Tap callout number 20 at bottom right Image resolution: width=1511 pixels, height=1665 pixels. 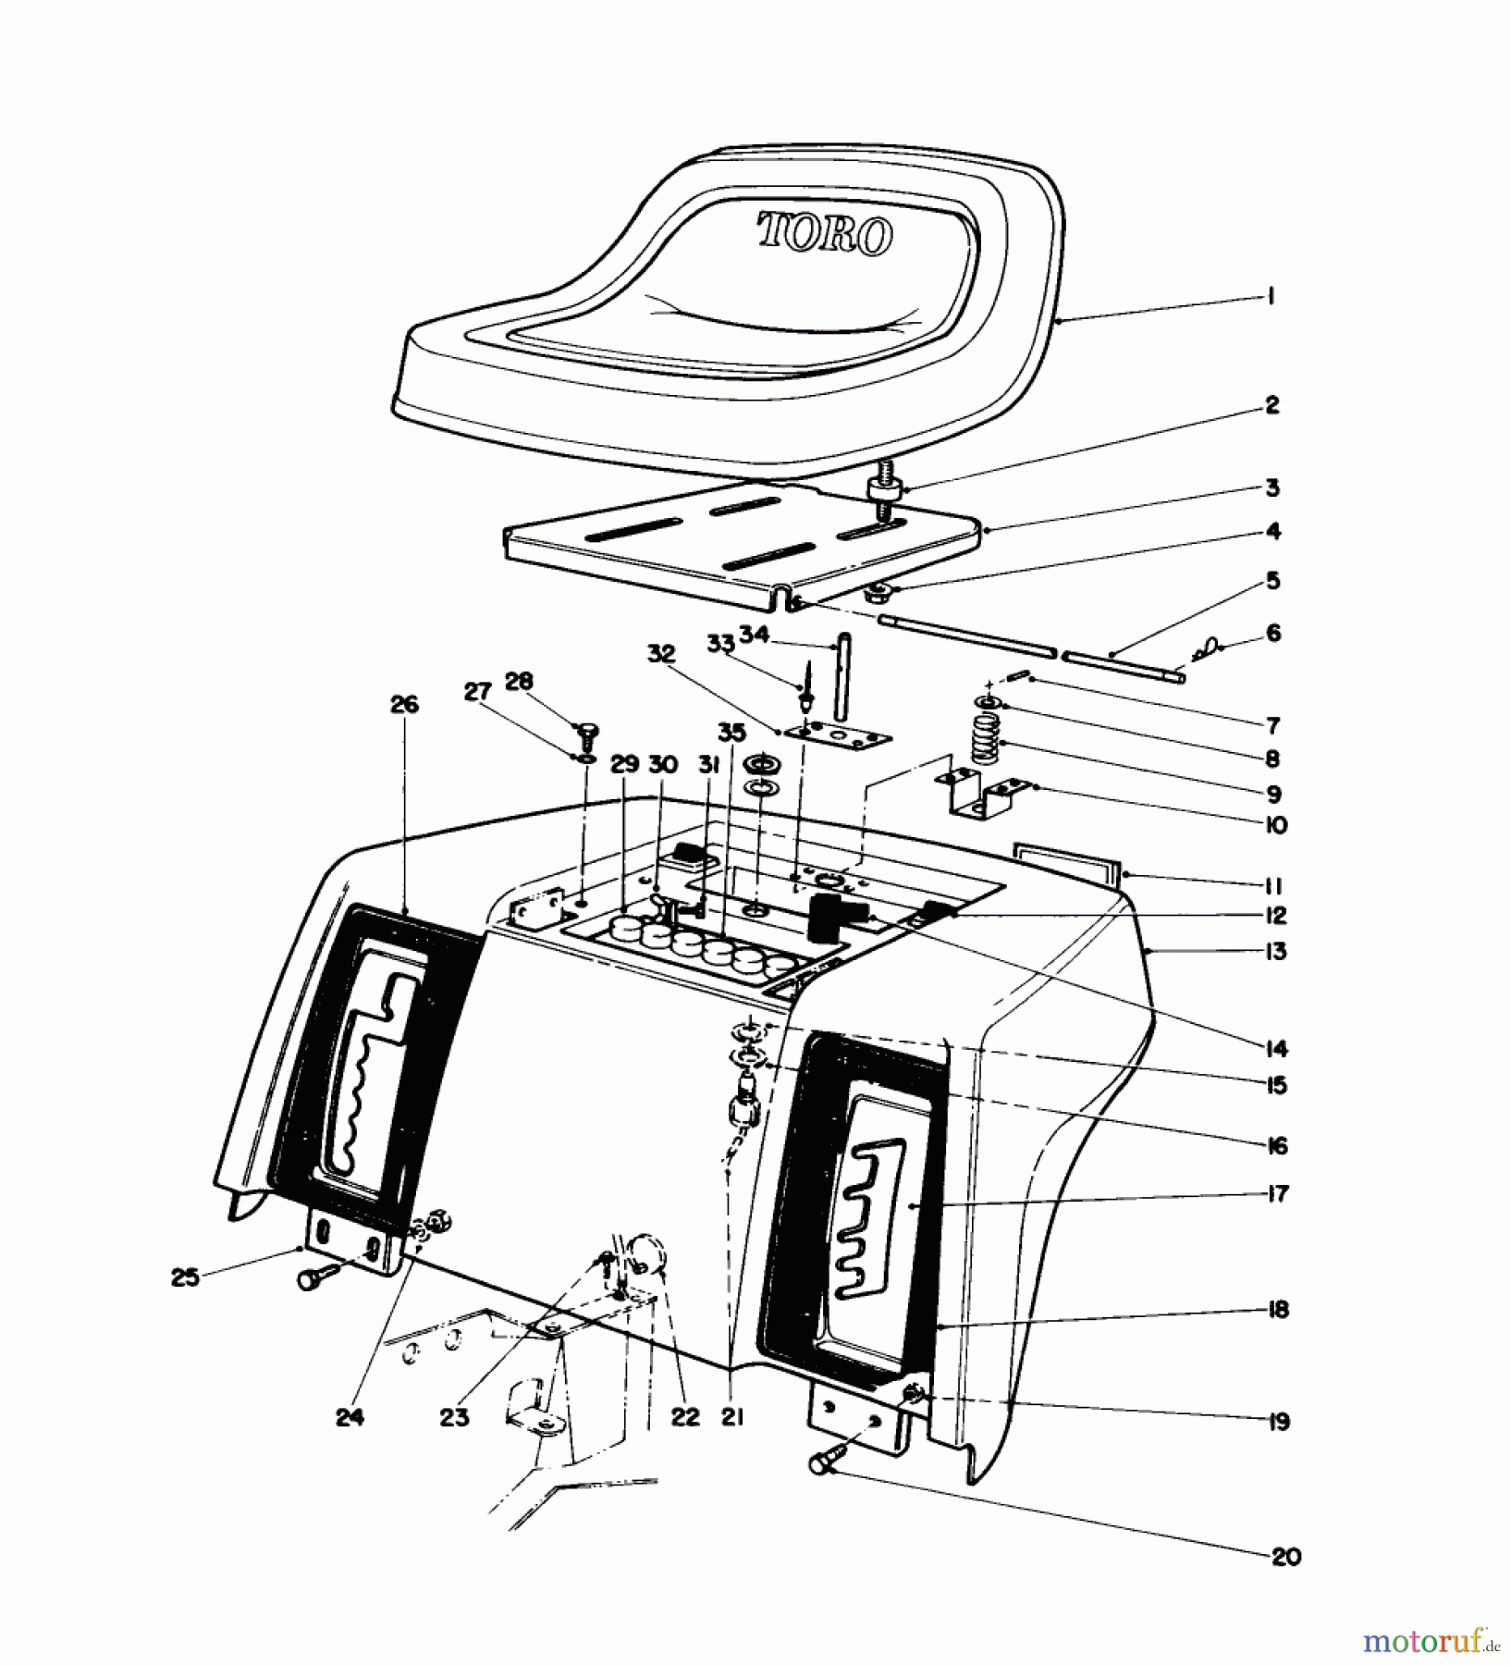[x=1286, y=1557]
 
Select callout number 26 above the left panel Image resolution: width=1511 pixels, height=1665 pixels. [x=404, y=706]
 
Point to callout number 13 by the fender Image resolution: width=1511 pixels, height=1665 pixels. [x=1276, y=951]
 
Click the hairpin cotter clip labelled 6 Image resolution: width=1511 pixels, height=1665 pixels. [x=1207, y=651]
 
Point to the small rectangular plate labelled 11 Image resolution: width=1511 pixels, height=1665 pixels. [x=1069, y=860]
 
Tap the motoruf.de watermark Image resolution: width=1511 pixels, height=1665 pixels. [x=1430, y=1642]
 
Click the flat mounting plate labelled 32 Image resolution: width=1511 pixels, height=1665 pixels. [x=837, y=736]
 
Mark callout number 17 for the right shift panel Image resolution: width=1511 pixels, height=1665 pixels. [x=1277, y=1194]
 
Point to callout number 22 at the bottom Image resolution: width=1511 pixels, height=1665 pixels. [x=685, y=1417]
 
